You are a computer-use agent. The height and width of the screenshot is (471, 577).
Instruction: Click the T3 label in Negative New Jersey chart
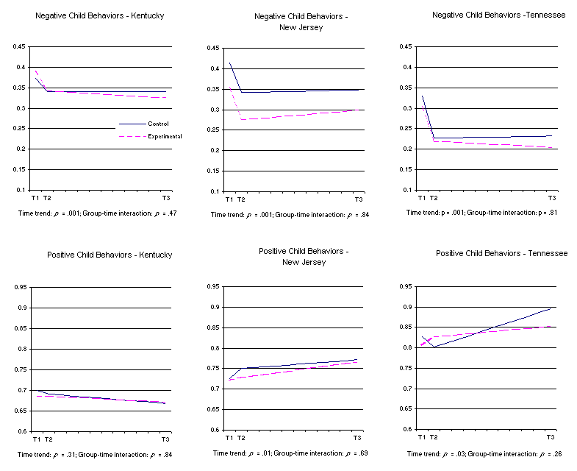359,199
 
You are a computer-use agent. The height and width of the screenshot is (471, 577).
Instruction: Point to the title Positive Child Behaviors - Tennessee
501,253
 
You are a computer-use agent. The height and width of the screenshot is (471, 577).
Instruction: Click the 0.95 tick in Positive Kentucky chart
18,286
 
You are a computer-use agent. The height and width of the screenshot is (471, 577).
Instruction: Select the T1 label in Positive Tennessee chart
422,437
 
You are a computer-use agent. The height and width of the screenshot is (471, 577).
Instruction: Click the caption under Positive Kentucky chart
97,454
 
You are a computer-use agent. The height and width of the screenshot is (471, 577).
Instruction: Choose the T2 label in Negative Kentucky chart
47,199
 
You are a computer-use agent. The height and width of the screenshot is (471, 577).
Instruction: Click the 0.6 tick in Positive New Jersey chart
215,430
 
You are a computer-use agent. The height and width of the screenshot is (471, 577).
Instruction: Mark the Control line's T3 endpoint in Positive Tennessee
551,308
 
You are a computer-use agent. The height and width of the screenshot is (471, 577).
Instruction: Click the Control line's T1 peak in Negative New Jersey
230,63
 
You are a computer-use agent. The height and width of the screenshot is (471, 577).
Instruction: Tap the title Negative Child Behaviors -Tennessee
499,15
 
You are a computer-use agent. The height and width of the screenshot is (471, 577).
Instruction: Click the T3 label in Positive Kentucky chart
165,439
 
